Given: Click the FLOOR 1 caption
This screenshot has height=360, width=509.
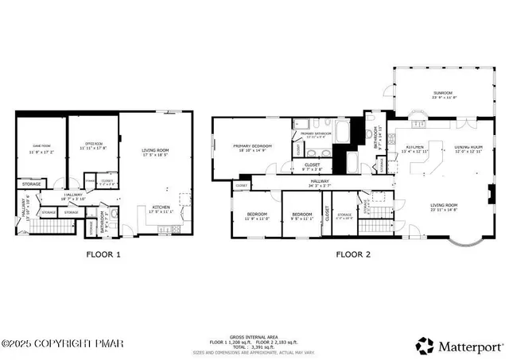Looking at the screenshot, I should click(103, 256).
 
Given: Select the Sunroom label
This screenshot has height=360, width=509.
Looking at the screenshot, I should click(443, 93).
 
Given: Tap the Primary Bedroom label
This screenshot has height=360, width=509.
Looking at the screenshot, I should click(252, 146).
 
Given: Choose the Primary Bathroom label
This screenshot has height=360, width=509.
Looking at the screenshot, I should click(316, 133).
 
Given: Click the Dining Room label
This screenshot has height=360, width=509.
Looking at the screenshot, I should click(468, 147).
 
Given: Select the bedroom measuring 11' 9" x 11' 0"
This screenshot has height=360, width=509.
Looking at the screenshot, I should click(257, 218).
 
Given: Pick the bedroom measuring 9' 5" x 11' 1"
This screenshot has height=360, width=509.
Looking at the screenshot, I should click(302, 218).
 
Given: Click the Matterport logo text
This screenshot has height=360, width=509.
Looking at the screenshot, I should click(470, 346).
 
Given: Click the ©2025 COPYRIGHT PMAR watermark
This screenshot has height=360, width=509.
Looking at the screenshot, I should click(52, 344).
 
